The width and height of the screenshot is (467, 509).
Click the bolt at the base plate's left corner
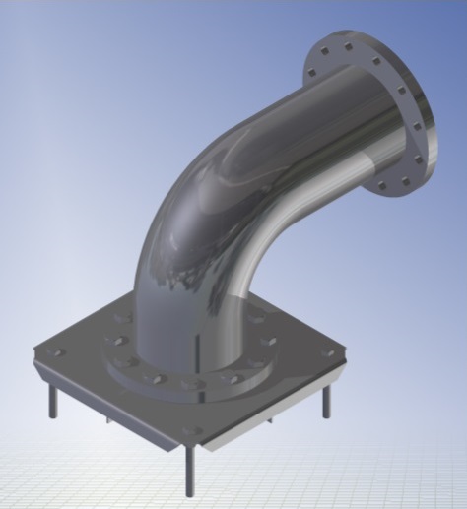point(58,351)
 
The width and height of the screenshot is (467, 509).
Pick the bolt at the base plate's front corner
point(195,430)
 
